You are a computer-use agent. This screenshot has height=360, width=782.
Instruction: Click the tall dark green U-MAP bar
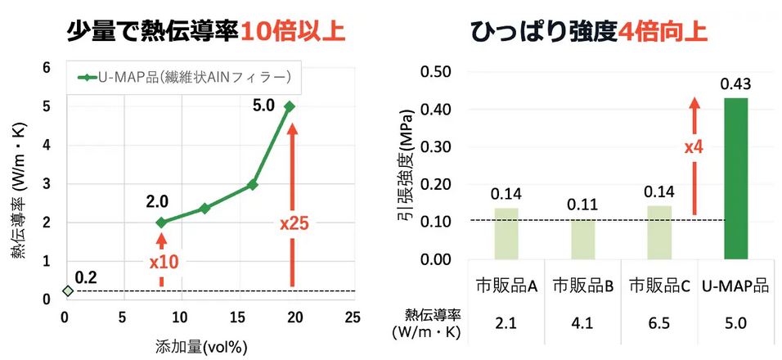[735, 178]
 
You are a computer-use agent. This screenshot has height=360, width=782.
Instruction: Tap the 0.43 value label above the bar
[735, 84]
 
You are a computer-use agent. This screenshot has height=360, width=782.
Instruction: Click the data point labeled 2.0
[161, 223]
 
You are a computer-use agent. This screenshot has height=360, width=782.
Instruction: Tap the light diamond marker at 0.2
[68, 290]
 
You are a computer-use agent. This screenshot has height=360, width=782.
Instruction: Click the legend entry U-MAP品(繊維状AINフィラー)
[184, 78]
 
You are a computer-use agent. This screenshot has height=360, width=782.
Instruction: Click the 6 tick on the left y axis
[47, 68]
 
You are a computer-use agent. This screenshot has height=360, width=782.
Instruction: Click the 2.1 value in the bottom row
[506, 324]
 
